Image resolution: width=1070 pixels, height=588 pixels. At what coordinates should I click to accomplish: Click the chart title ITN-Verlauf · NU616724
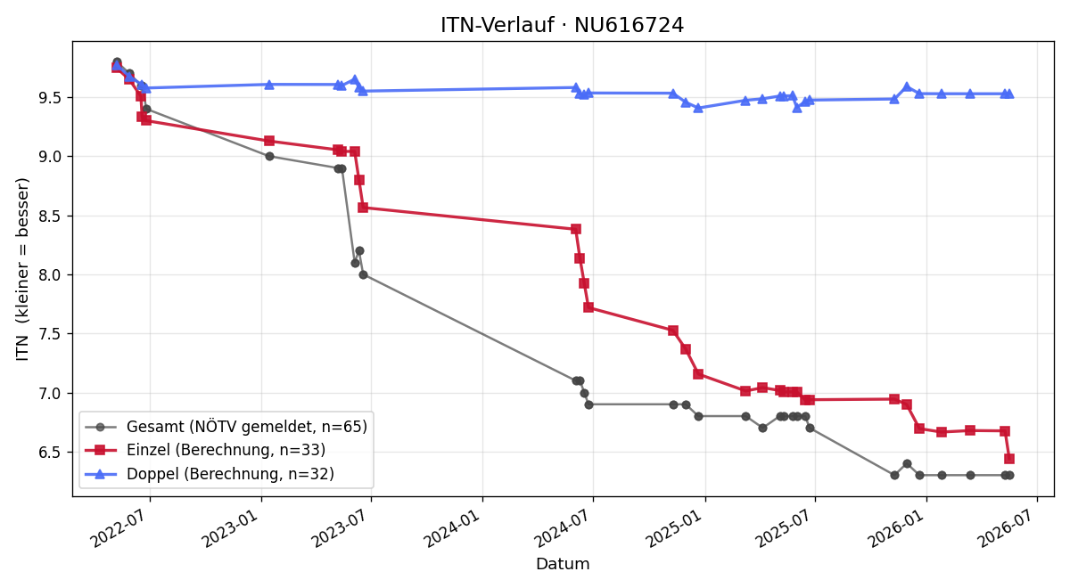[562, 25]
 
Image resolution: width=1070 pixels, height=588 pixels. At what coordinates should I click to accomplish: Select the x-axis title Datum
[563, 564]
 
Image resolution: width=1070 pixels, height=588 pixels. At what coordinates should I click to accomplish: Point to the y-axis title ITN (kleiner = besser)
[22, 269]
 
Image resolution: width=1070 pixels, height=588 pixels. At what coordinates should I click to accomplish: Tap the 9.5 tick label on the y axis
[51, 98]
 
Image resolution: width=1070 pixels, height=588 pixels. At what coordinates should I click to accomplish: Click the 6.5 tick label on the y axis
[51, 453]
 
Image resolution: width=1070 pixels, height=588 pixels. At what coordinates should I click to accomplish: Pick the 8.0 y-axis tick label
[51, 275]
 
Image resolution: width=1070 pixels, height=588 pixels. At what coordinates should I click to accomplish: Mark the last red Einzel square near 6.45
[1009, 459]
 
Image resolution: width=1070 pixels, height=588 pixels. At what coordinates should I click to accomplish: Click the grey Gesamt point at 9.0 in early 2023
[269, 156]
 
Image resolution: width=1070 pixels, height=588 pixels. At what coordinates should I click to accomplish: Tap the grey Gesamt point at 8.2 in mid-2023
[359, 250]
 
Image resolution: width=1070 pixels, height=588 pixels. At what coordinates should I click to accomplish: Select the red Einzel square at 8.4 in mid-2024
[576, 229]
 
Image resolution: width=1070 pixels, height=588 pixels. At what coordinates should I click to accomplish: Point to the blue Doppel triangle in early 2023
[269, 85]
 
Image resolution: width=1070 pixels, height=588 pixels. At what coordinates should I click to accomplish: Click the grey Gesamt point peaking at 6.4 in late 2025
[907, 464]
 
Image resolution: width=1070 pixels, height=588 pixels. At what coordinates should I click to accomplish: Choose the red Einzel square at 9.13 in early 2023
[269, 141]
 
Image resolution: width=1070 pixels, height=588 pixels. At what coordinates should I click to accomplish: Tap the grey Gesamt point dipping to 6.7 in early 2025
[763, 429]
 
